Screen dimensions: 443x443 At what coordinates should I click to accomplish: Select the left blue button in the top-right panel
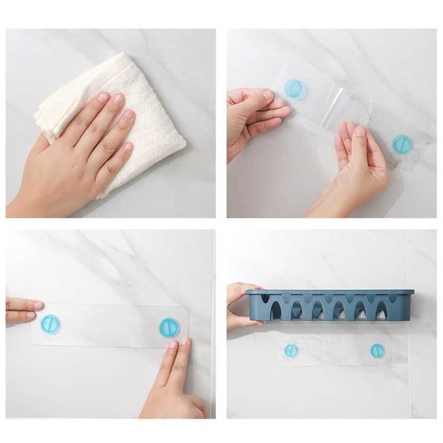click(x=293, y=88)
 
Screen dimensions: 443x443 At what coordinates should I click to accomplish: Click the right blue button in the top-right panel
click(x=402, y=144)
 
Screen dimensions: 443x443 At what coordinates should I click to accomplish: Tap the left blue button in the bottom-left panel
click(x=50, y=323)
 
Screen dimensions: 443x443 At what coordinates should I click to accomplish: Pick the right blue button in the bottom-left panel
click(x=169, y=327)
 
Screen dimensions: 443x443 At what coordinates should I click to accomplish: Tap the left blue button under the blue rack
click(x=291, y=350)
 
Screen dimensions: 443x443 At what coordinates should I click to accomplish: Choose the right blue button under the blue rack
click(x=377, y=350)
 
